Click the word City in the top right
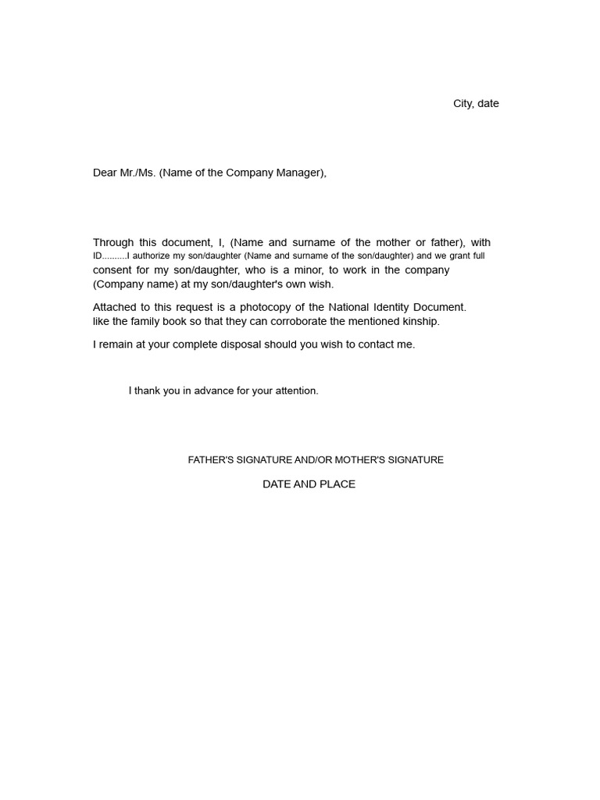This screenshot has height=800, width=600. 462,104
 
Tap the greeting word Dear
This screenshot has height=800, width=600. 105,173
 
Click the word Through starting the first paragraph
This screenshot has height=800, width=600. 113,243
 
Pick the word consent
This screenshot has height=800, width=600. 114,270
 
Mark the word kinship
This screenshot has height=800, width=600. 420,321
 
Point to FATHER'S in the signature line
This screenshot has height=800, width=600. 211,460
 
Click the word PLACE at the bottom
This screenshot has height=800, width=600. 337,484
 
